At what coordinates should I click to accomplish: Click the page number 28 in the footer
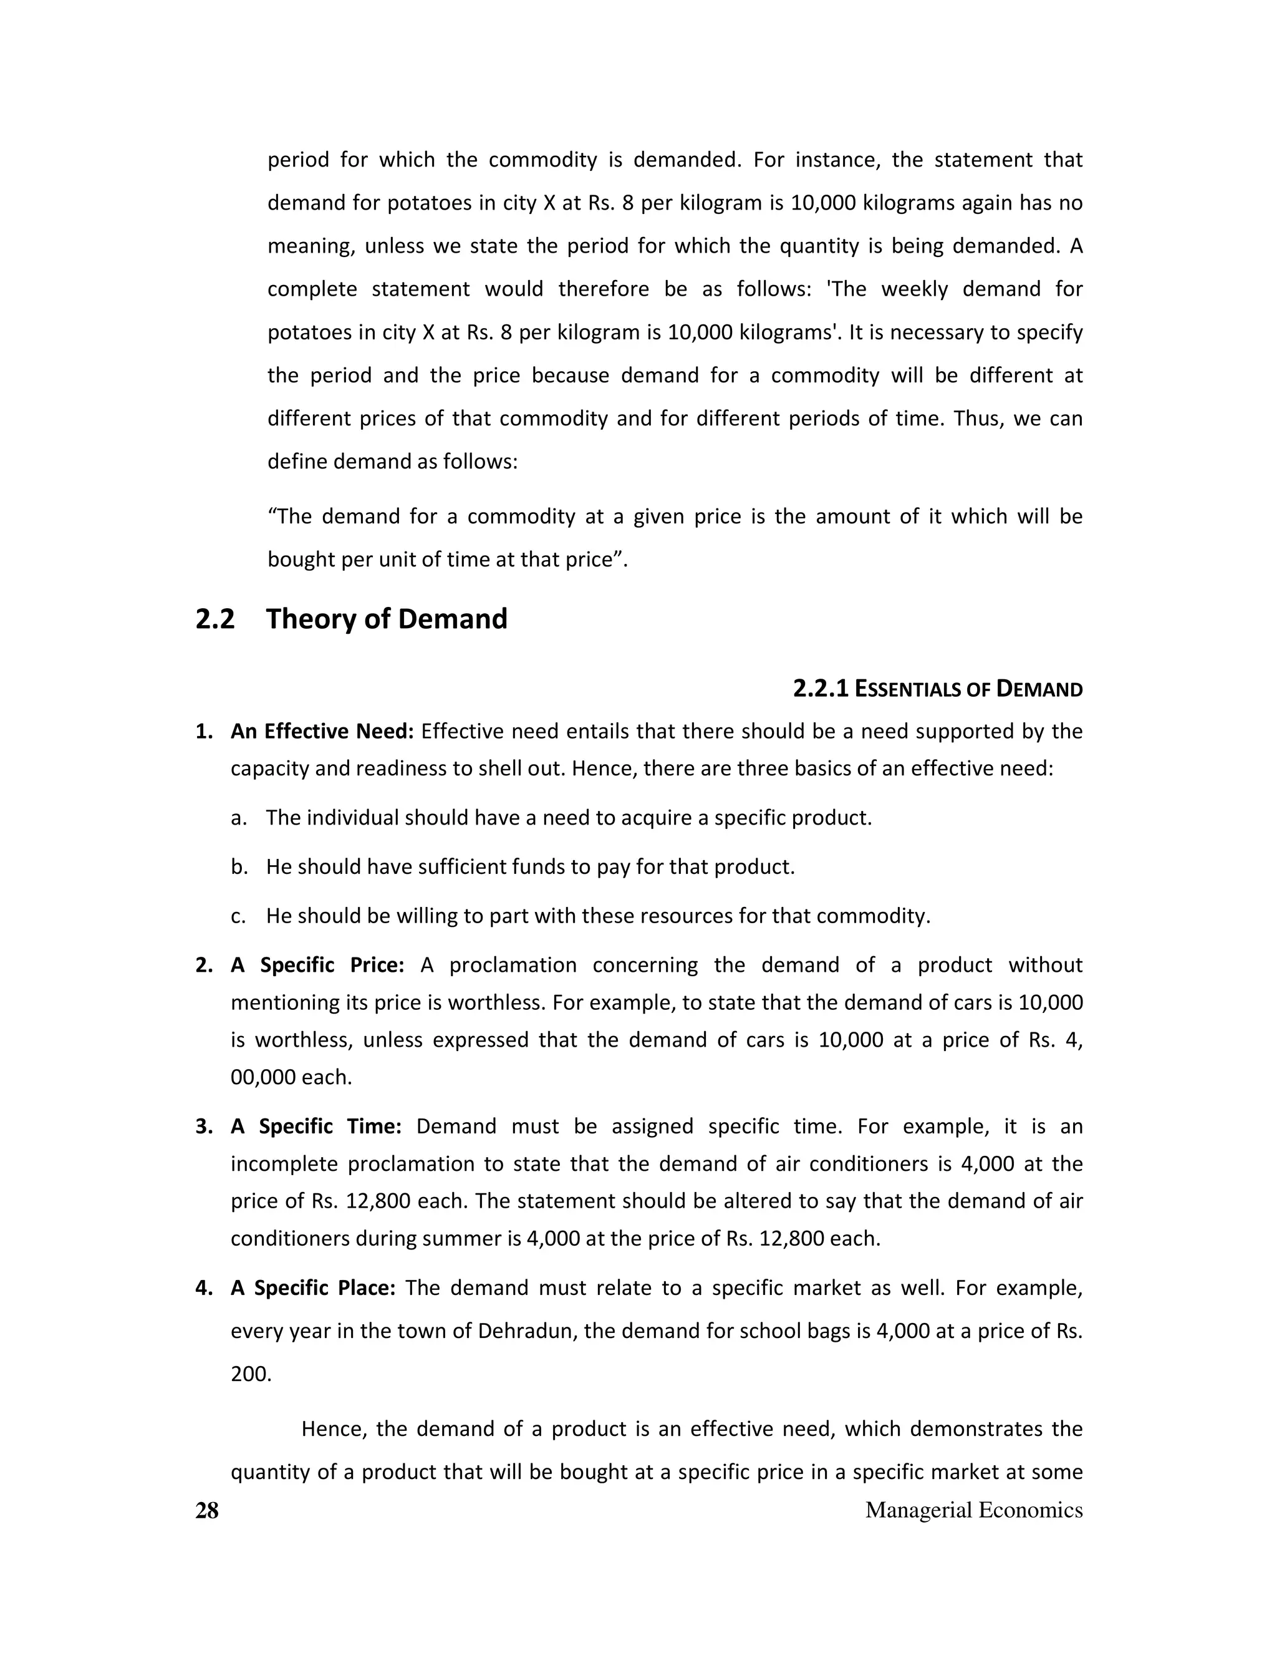click(x=206, y=1510)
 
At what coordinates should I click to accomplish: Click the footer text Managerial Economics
click(x=973, y=1510)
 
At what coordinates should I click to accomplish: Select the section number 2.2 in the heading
click(x=215, y=619)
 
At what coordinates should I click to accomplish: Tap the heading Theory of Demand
click(x=387, y=619)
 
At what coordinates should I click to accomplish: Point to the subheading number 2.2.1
click(x=821, y=689)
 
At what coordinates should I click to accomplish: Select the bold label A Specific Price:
click(x=318, y=965)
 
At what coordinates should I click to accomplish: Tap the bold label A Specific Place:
click(x=313, y=1287)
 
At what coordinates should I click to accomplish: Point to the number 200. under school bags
click(x=251, y=1374)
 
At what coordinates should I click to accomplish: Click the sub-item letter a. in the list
click(x=239, y=818)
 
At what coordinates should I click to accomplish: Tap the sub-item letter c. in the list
click(x=239, y=916)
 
